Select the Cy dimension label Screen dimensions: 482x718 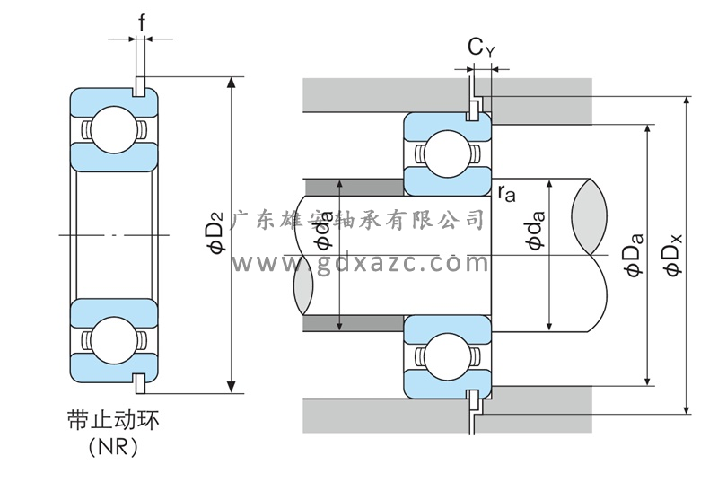pos(481,48)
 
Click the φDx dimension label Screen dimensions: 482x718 pos(672,256)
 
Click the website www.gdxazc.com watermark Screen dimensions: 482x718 pos(359,262)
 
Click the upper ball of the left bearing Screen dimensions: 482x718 pos(112,127)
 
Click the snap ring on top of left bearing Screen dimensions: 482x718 pos(140,85)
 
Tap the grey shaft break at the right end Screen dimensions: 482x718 pos(587,215)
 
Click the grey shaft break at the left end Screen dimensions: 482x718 pos(303,285)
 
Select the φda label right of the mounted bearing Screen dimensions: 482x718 pos(537,229)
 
